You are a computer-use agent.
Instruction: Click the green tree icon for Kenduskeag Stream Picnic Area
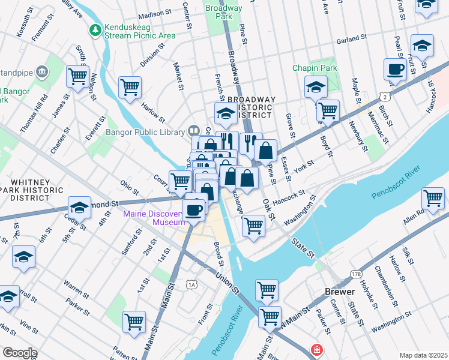point(95,29)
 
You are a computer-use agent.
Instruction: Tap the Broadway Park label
point(223,13)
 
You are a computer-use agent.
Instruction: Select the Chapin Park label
point(315,68)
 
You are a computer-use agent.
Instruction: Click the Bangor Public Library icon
point(194,130)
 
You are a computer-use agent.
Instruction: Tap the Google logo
point(19,353)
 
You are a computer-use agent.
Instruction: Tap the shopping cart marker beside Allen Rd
point(433,197)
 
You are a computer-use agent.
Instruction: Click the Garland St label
point(351,38)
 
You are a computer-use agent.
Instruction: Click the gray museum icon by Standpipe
point(41,72)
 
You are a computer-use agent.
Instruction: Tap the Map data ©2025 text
point(423,355)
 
